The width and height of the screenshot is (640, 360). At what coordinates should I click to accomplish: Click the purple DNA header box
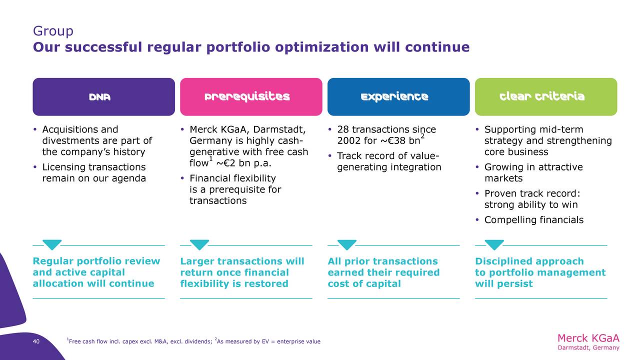tap(103, 97)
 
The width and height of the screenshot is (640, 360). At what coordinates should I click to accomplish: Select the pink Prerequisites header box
tap(251, 97)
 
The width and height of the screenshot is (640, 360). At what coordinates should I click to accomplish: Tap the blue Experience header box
tap(398, 97)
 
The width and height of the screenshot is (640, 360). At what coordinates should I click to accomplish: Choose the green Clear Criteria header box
tap(546, 97)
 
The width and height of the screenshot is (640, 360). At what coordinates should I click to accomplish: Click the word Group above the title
tap(53, 31)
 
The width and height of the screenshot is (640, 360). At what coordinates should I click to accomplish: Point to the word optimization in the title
tap(321, 47)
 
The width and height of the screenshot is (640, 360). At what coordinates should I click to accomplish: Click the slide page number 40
tap(36, 341)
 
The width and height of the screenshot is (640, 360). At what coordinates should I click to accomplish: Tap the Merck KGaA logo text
tap(588, 341)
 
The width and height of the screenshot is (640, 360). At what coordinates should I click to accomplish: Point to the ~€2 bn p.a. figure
tap(243, 163)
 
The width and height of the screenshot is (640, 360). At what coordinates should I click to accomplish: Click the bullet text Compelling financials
tap(533, 219)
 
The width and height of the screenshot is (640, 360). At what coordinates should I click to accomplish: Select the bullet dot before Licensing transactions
tap(35, 167)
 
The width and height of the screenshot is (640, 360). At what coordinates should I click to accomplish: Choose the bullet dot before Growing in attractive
tap(477, 167)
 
